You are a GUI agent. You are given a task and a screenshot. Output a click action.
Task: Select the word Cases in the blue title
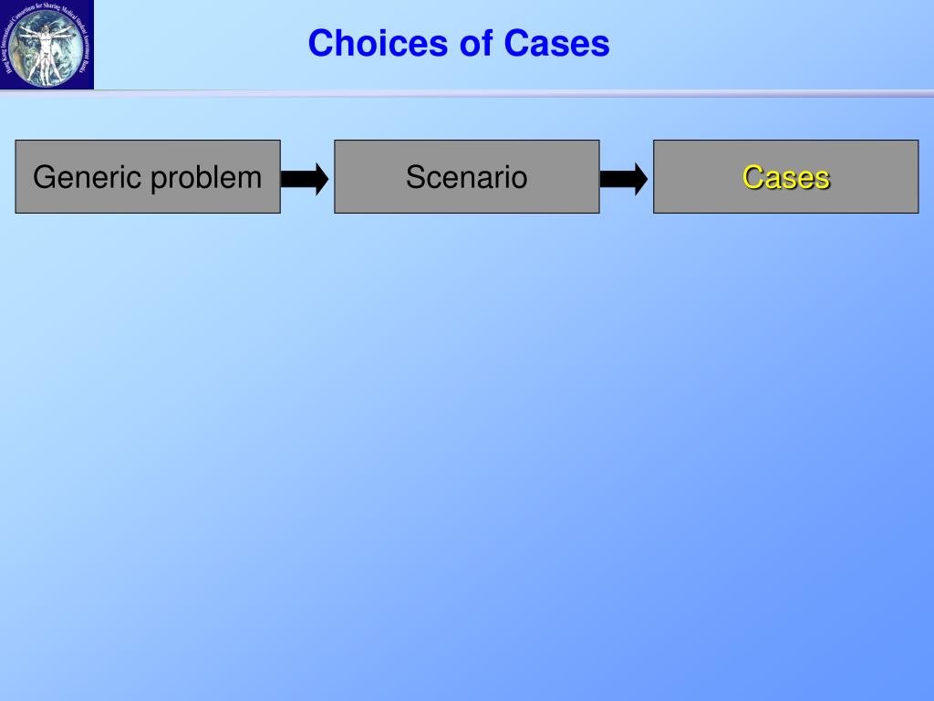coord(556,43)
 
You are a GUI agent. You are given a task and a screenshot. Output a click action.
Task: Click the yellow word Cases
coord(785,177)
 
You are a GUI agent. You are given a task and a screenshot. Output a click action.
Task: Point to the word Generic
coord(87,177)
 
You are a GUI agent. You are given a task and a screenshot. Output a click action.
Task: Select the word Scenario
coord(466,176)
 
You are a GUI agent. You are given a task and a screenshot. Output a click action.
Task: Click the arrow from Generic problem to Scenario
coord(306,178)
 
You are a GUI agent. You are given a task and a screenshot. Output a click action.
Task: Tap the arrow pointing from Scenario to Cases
coord(625,178)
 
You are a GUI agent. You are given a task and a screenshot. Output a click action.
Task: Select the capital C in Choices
coord(320,43)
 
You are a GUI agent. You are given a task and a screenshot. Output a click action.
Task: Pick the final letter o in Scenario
coord(519,177)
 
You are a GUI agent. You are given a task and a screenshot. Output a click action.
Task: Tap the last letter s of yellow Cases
coord(823,178)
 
